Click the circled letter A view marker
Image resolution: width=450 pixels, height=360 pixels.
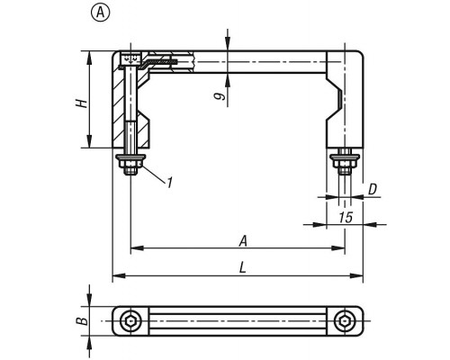point(101,13)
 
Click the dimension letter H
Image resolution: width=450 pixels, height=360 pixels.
point(81,103)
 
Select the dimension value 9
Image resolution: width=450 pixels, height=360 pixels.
point(220,96)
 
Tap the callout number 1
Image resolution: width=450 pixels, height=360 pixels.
point(170,183)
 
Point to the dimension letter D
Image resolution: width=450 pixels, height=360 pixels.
point(373,190)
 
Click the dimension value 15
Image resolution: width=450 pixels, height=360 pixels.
point(346,217)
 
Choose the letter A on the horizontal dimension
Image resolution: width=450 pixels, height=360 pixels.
point(243,241)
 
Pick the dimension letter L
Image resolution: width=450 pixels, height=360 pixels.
point(242,267)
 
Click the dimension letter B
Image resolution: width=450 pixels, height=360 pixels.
point(82,321)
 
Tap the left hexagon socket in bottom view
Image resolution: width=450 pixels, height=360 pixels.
point(130,321)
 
